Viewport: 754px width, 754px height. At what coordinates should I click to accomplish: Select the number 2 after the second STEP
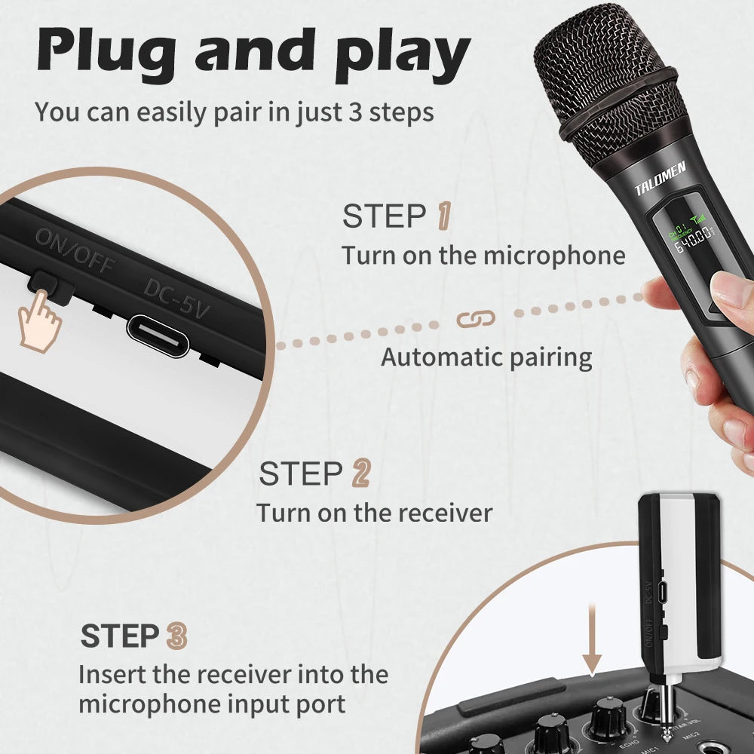pyautogui.click(x=361, y=474)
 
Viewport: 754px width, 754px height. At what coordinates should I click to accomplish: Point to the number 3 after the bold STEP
pyautogui.click(x=176, y=636)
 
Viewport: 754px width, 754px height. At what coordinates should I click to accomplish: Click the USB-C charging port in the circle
pyautogui.click(x=157, y=336)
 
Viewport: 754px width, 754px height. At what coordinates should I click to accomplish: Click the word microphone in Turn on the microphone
pyautogui.click(x=554, y=255)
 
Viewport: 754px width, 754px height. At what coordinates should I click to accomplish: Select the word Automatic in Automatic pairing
pyautogui.click(x=440, y=356)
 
